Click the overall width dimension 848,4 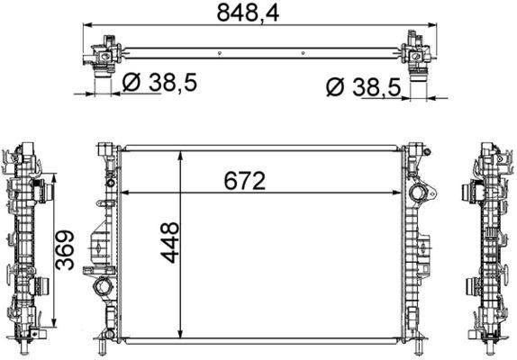[x=258, y=13]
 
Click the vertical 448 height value [x=169, y=242]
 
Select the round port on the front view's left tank [x=99, y=290]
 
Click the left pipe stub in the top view [x=102, y=83]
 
